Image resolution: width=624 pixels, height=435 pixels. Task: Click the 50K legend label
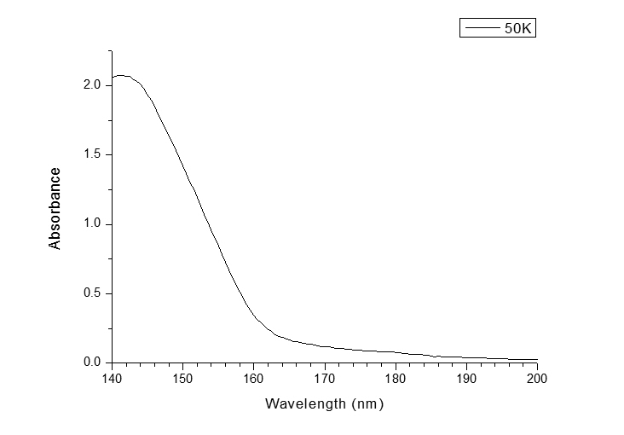click(518, 28)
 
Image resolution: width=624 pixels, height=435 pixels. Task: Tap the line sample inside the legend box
click(482, 28)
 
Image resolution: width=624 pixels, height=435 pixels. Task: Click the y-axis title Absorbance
click(55, 208)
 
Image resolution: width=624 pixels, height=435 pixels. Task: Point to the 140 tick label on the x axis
click(112, 378)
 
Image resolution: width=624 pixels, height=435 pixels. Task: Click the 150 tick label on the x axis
click(182, 378)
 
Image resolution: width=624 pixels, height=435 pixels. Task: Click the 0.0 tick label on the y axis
click(93, 362)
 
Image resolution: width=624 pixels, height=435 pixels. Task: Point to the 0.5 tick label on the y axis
click(93, 293)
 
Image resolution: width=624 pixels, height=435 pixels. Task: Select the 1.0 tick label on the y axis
click(93, 223)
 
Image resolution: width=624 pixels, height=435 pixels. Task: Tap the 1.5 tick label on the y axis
click(93, 154)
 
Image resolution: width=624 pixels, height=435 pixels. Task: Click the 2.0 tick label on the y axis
click(93, 85)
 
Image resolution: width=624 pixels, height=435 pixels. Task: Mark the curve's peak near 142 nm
click(123, 75)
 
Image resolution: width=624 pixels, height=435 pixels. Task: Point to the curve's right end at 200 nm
click(537, 360)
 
